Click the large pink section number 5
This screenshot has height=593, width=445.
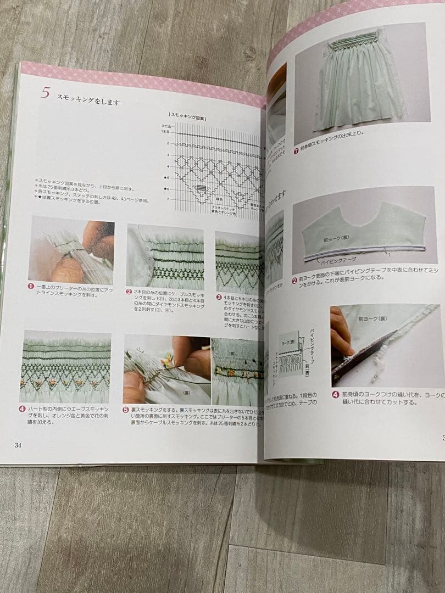click(45, 92)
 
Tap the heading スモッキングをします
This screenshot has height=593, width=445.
click(88, 101)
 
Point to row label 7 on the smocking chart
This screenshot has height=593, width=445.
click(168, 198)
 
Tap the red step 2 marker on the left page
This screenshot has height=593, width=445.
click(129, 292)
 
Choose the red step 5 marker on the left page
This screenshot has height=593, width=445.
click(126, 410)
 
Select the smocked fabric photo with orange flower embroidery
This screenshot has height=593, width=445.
click(65, 366)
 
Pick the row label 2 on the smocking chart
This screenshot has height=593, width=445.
click(168, 143)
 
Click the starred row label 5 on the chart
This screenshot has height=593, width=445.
click(166, 177)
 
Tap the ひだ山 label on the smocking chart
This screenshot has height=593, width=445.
click(166, 126)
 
